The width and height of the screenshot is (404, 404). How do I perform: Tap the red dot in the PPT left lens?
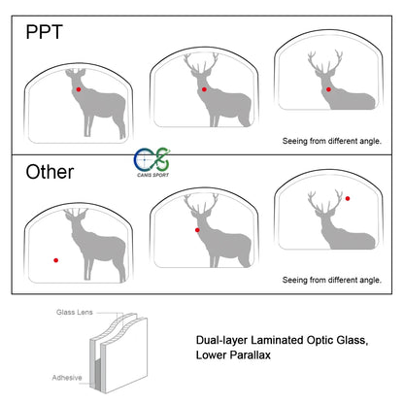78,89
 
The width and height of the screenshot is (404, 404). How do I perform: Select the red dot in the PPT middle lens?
203,89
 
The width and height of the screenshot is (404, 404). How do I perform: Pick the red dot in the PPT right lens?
329,89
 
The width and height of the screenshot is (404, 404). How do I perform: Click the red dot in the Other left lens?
56,260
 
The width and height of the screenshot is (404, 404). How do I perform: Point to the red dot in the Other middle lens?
197,230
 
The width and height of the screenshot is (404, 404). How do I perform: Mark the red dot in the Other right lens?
347,197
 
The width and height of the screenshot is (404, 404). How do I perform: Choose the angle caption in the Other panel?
331,280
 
